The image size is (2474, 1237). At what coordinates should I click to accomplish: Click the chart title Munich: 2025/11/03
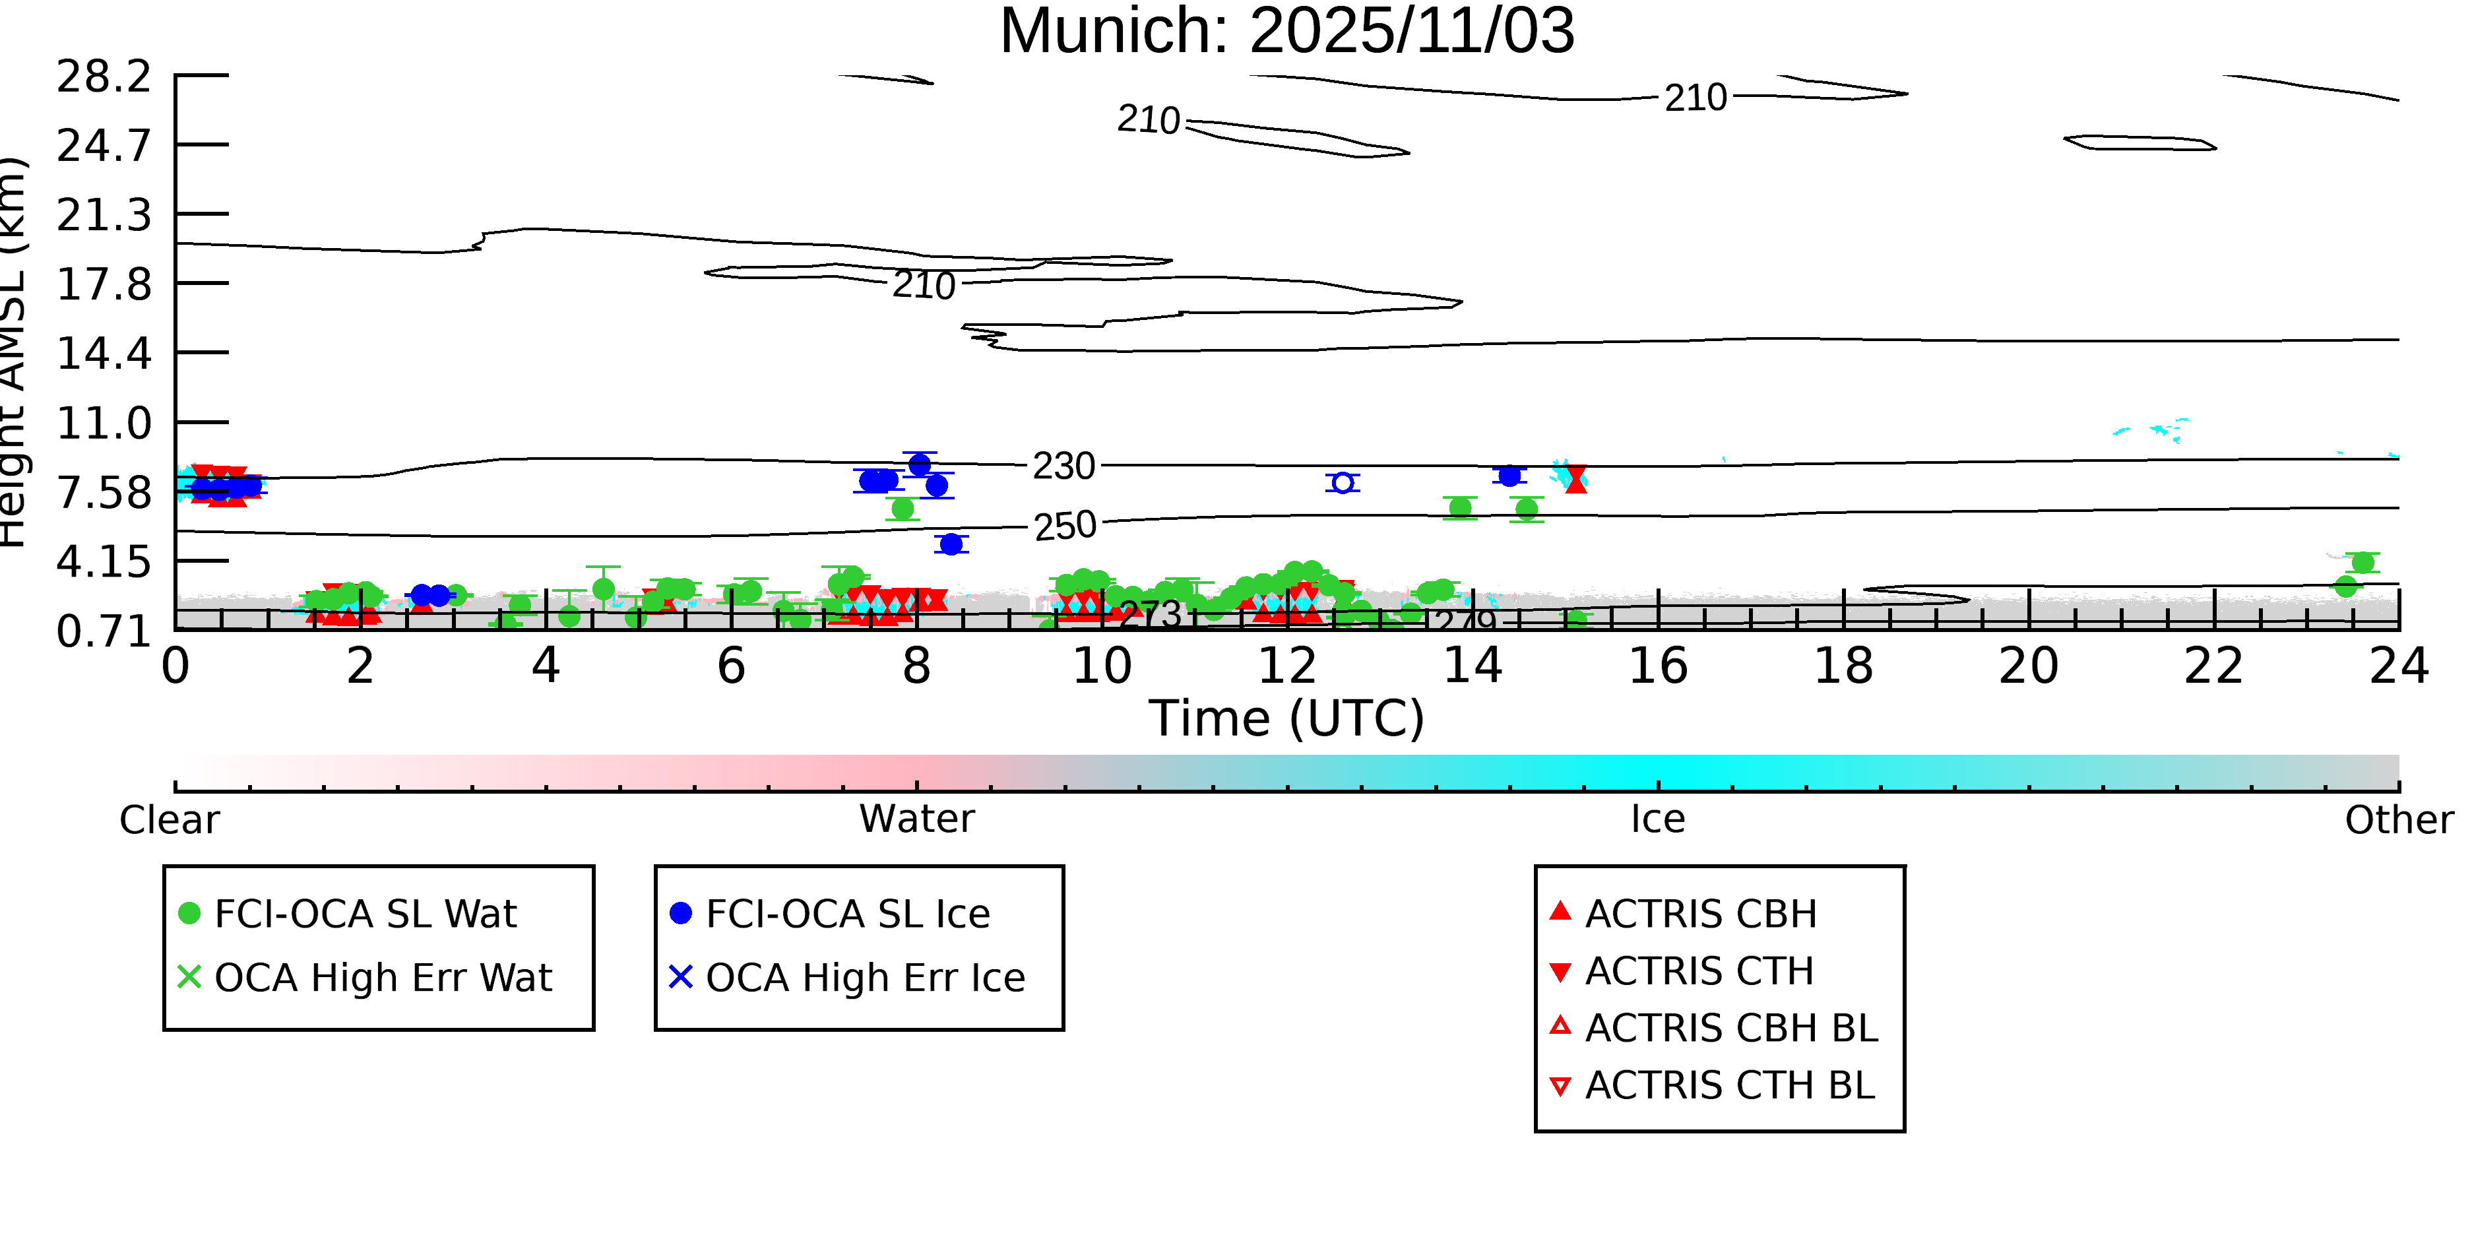tap(1287, 31)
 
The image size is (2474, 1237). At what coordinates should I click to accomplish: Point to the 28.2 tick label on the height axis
tap(104, 77)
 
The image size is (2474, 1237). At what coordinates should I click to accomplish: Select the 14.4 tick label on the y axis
tap(104, 354)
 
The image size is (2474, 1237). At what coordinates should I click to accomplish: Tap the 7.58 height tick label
tap(104, 493)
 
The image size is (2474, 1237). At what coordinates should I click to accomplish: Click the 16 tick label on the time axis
tap(1658, 666)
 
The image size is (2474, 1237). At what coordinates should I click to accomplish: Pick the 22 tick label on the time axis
tap(2213, 666)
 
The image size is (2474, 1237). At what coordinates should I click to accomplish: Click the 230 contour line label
tap(1063, 466)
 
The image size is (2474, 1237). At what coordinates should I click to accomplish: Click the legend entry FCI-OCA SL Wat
tap(365, 913)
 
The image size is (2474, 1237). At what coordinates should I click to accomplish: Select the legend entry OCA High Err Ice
tap(864, 978)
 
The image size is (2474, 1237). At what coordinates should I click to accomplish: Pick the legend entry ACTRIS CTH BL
tap(1729, 1085)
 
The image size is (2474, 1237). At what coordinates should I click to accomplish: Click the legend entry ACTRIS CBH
tap(1700, 913)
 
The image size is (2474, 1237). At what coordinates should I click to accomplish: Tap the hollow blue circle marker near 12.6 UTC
tap(1343, 482)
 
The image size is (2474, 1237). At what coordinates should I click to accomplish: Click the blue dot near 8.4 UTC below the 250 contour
tap(951, 544)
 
